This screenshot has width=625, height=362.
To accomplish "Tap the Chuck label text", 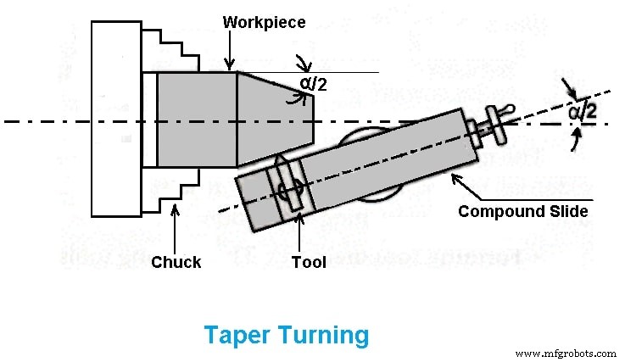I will click(176, 262).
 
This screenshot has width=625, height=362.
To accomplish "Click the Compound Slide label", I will click(522, 211).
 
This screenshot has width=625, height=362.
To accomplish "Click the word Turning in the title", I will click(323, 335).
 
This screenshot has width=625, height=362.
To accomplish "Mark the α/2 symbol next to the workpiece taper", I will click(312, 83).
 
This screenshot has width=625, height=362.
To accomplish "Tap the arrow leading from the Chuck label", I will click(175, 227).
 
